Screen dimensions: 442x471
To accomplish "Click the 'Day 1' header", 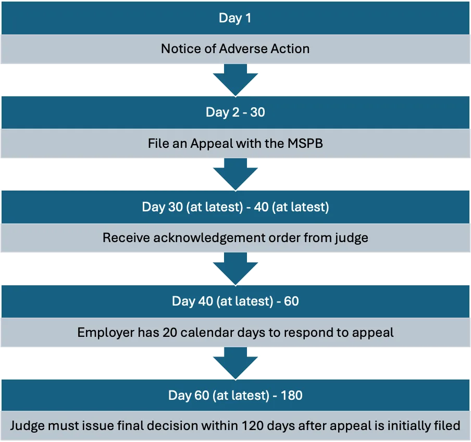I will (235, 18).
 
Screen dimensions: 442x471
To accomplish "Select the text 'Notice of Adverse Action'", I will (235, 49).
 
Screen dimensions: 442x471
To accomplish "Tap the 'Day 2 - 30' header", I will (235, 112).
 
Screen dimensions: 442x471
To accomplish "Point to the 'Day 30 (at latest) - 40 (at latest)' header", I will (235, 207).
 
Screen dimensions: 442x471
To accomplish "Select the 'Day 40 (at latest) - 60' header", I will (235, 301).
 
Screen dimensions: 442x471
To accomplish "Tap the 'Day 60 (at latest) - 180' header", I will (235, 395).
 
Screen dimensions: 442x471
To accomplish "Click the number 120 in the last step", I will (252, 426).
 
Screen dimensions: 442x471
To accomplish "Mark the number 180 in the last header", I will (291, 395).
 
